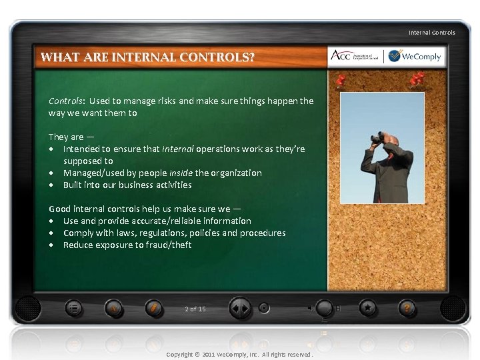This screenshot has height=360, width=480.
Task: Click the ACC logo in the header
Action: click(x=355, y=57)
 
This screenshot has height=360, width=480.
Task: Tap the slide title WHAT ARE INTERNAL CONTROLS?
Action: click(x=147, y=57)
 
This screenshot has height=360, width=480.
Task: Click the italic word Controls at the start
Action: click(x=65, y=101)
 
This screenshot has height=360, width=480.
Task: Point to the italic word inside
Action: click(x=182, y=173)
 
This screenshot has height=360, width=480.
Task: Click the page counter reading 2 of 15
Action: click(x=195, y=309)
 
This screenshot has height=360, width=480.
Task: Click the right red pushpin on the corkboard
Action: click(x=418, y=80)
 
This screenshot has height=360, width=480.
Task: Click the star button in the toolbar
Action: click(x=367, y=309)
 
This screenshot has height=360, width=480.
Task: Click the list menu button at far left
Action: click(x=75, y=309)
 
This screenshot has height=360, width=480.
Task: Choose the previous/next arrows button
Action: click(x=240, y=309)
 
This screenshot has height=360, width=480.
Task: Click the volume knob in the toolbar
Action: click(x=324, y=309)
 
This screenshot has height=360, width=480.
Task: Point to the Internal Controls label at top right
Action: click(x=432, y=32)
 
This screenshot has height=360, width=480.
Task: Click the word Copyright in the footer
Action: click(x=178, y=354)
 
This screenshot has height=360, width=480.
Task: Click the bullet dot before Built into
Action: click(x=51, y=185)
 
